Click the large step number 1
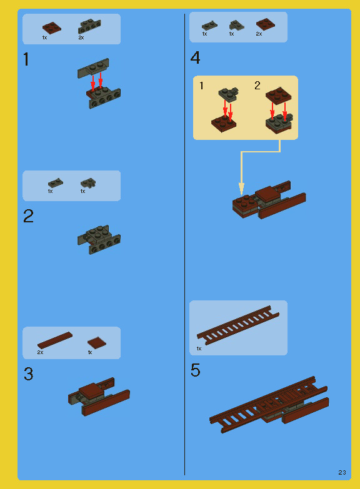[x=26, y=60]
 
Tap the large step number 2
[x=28, y=217]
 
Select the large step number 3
[x=28, y=374]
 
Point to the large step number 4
[x=196, y=59]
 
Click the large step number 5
[x=196, y=371]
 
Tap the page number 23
[x=342, y=472]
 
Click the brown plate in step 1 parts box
[x=52, y=27]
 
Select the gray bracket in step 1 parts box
[x=89, y=26]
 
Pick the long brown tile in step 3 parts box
[x=54, y=340]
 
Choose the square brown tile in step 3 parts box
[x=96, y=342]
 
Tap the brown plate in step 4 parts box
[x=265, y=24]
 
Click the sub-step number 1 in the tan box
[x=202, y=86]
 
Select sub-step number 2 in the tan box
[x=257, y=86]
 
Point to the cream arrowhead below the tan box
[x=241, y=188]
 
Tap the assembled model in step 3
[x=99, y=397]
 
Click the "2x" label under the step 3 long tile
[x=41, y=353]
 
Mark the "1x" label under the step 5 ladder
[x=199, y=348]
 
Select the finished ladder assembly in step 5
[x=269, y=405]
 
